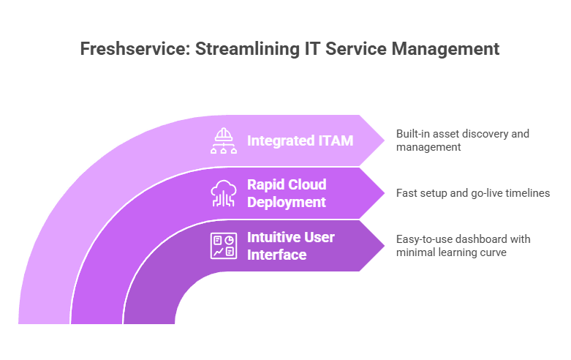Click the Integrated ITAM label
[x=300, y=140]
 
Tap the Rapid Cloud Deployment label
[x=287, y=193]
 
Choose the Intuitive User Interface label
[x=291, y=246]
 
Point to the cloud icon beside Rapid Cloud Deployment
[x=223, y=193]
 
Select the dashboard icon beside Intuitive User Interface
[x=223, y=246]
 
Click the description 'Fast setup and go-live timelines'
[x=472, y=193]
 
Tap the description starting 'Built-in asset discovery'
[x=462, y=140]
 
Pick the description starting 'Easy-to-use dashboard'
[x=463, y=246]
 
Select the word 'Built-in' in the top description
[x=412, y=134]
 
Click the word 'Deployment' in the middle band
[x=287, y=202]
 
